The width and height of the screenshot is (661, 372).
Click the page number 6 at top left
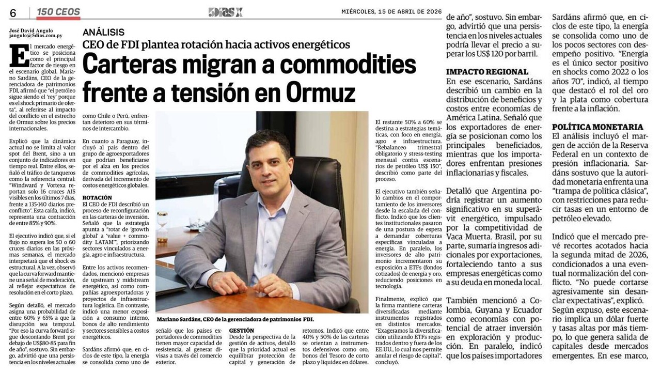13,13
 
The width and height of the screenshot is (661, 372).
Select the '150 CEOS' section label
58,12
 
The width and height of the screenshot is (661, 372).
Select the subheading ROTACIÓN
98,197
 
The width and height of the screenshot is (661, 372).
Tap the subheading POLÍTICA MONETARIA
590,127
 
